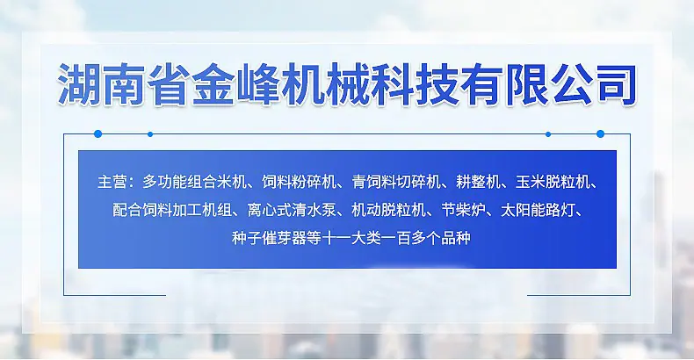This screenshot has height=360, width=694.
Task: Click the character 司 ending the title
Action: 616,84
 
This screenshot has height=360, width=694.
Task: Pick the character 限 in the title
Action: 526,84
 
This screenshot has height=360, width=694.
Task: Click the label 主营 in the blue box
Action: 112,182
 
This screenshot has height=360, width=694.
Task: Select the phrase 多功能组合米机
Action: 194,182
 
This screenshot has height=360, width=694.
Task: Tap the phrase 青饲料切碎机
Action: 396,182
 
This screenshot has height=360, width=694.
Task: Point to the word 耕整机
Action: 478,182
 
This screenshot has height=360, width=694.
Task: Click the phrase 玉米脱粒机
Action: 553,182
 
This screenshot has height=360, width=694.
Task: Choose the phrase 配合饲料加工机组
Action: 171,210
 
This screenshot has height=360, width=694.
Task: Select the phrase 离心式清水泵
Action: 292,210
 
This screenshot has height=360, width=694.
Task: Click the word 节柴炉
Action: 464,210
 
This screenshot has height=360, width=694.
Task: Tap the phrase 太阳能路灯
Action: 538,210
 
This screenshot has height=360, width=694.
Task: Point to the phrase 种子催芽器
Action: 269,238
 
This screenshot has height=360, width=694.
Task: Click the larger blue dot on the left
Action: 98,133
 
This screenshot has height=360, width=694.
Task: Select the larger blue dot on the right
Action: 600,133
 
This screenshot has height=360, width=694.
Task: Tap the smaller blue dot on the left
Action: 150,134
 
